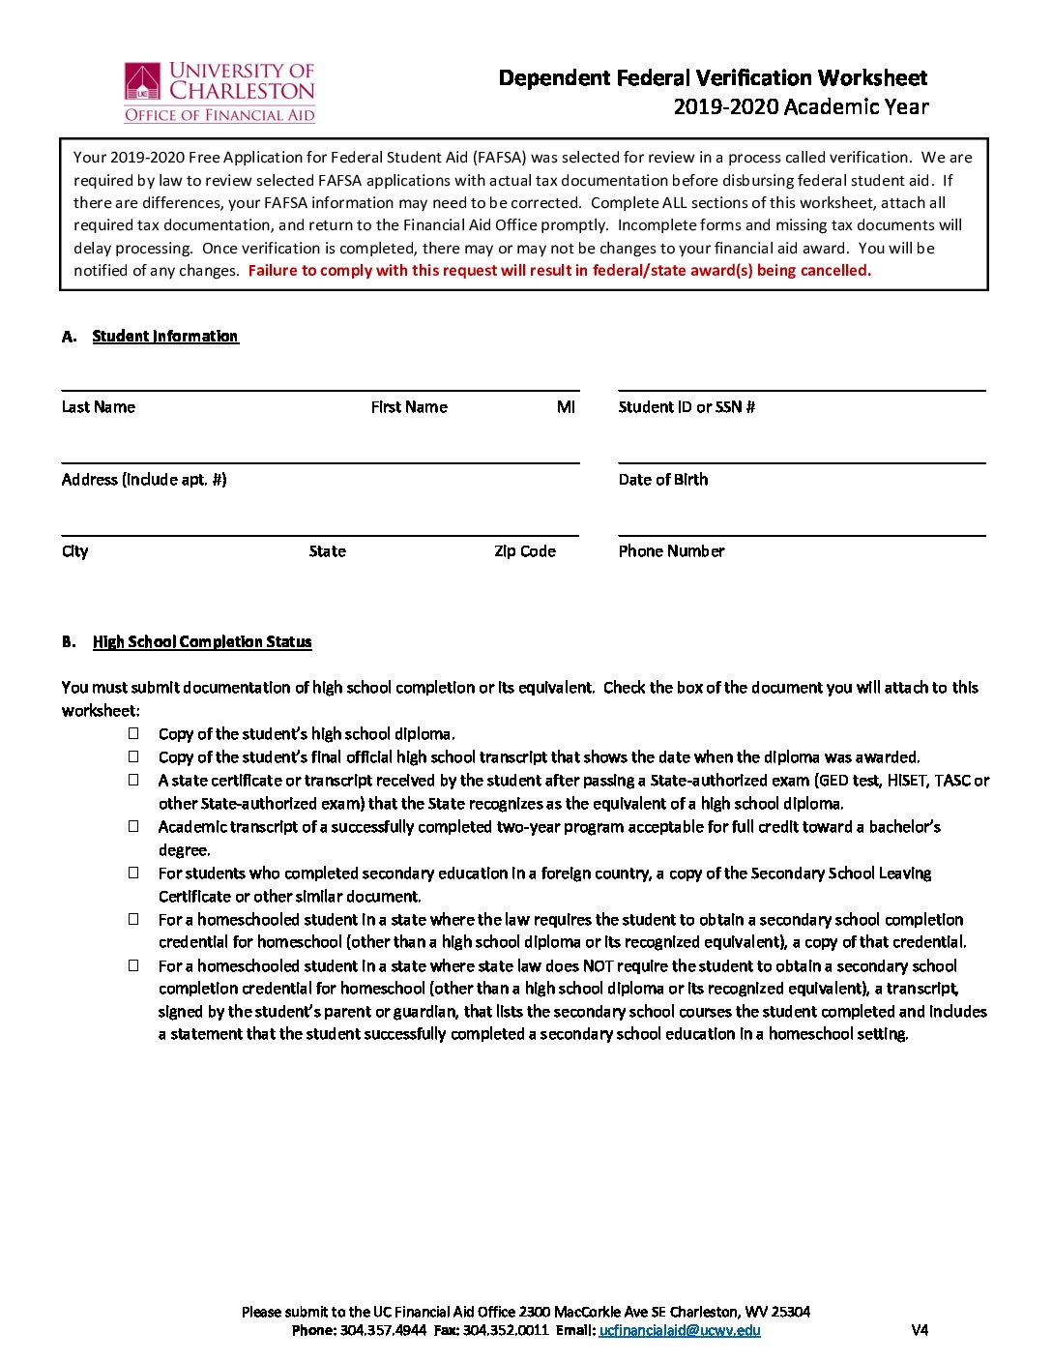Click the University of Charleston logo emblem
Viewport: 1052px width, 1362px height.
click(142, 82)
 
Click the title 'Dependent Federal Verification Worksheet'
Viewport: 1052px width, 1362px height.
click(713, 77)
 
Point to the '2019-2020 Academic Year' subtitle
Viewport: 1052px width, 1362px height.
click(801, 106)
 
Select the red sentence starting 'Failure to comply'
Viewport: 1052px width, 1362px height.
click(559, 271)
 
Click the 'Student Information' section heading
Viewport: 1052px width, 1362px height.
click(165, 336)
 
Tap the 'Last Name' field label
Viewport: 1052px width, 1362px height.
click(99, 407)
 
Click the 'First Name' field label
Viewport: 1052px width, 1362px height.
click(409, 407)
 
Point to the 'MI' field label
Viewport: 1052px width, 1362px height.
click(566, 407)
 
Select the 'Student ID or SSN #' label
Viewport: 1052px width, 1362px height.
click(687, 407)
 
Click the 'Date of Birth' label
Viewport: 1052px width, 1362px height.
click(663, 480)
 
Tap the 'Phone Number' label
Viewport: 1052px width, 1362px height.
click(671, 551)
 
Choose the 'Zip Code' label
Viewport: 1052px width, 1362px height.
click(525, 551)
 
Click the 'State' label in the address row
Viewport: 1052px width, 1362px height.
click(327, 551)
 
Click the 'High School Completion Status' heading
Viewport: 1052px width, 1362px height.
click(202, 641)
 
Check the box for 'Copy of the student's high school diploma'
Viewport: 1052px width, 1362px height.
click(133, 733)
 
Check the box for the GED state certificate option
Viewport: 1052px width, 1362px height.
click(133, 780)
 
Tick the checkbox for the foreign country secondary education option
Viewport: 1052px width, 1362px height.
click(133, 873)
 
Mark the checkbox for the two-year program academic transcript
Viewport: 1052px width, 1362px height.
click(133, 826)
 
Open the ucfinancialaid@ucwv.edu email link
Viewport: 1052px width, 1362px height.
click(680, 1330)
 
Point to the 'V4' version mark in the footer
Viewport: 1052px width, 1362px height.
click(920, 1330)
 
